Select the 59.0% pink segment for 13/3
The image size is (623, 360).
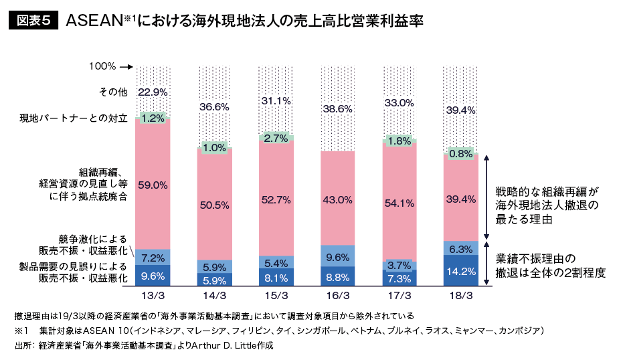(153, 185)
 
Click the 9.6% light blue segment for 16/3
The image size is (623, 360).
(338, 256)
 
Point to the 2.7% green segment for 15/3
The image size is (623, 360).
(276, 138)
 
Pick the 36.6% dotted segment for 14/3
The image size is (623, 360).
(214, 106)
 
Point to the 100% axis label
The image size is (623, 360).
(102, 67)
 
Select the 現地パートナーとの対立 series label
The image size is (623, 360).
(74, 118)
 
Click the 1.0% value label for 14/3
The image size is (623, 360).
(214, 148)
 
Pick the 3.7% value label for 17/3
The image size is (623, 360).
(399, 265)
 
